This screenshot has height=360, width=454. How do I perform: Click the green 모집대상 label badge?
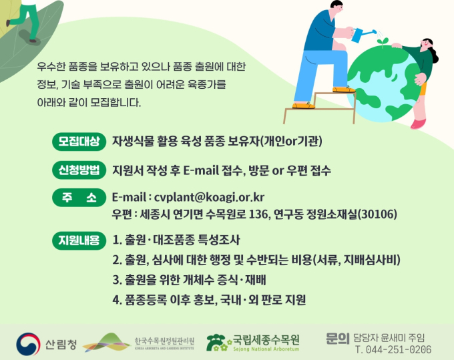click(x=79, y=142)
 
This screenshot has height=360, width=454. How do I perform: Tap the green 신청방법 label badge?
click(x=79, y=170)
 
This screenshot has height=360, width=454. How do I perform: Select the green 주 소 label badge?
click(x=79, y=198)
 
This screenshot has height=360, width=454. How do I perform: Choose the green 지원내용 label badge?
click(x=79, y=240)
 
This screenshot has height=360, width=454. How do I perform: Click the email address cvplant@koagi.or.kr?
click(x=209, y=197)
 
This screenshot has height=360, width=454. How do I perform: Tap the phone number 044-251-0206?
click(x=399, y=349)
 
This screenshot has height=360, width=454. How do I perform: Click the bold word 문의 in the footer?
click(x=338, y=338)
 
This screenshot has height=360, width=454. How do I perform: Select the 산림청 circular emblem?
click(x=28, y=344)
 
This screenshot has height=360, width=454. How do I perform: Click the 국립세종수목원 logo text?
click(x=266, y=339)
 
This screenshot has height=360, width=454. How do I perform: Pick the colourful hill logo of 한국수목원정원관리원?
click(x=107, y=343)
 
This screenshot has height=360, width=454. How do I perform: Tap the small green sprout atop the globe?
click(x=383, y=41)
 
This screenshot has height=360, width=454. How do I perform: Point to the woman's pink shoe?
click(x=419, y=124)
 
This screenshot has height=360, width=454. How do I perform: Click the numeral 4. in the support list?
click(x=117, y=300)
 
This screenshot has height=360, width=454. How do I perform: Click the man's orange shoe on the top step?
click(x=344, y=89)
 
